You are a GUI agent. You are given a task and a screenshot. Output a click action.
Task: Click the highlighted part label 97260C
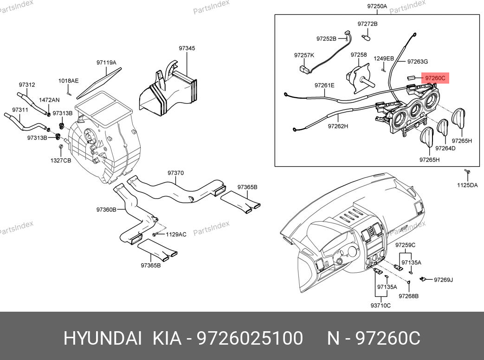point(435,79)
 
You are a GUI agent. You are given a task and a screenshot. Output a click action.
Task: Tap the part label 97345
point(187,48)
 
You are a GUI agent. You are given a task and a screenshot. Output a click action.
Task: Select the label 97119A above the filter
point(106,62)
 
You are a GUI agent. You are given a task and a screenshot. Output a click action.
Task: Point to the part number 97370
point(176,173)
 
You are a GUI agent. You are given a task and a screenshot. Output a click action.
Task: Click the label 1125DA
point(467,185)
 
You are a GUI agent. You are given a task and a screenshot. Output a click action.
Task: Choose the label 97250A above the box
point(377,7)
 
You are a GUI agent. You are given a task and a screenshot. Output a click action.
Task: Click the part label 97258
point(359,55)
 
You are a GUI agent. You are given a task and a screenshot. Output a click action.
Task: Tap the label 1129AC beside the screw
point(176,234)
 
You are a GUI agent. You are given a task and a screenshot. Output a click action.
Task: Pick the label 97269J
point(443,280)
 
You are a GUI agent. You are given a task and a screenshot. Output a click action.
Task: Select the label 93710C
point(381,305)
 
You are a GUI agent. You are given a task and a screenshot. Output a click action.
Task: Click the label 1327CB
point(61,160)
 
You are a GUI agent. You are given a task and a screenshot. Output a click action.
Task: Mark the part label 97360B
point(106,209)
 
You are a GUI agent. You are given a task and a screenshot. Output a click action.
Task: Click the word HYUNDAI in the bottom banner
point(102,338)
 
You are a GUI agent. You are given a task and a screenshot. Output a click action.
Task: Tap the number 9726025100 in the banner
point(251,338)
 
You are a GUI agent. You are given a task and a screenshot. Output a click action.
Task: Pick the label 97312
point(27,85)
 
